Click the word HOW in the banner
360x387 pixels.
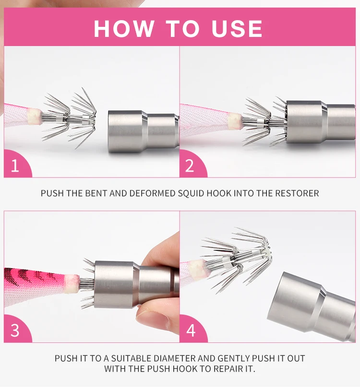124,28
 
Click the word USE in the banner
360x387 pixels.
237,28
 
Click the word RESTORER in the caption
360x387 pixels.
297,193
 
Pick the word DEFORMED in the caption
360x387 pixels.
152,193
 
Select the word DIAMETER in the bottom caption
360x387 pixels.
174,358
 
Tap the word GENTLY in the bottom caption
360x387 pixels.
233,358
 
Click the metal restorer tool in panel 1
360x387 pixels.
144,131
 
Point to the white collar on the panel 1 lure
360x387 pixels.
34,116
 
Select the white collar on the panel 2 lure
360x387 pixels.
235,121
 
